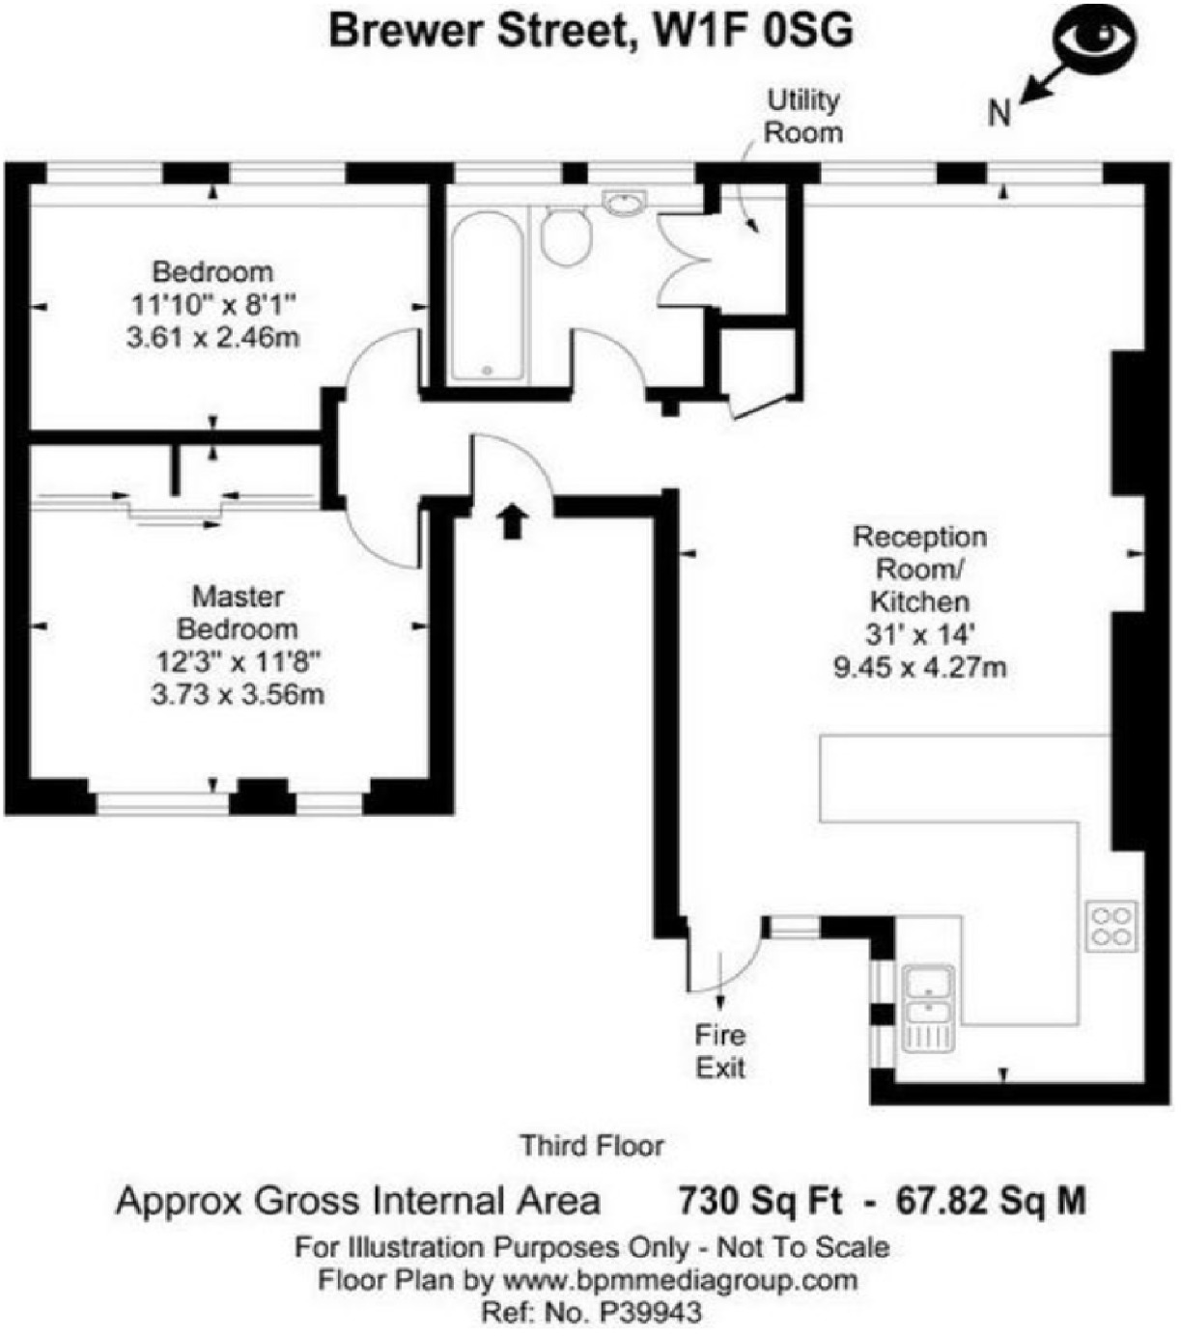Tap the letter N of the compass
tap(998, 113)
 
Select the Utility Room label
tap(803, 116)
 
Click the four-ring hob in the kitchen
tap(1111, 925)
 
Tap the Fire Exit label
tap(720, 1051)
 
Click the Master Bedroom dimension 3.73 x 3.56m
tap(238, 693)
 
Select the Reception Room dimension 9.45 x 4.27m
tap(919, 666)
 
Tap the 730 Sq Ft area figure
tap(759, 1201)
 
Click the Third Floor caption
tap(591, 1146)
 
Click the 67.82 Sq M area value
tap(991, 1201)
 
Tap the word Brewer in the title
tap(405, 31)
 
